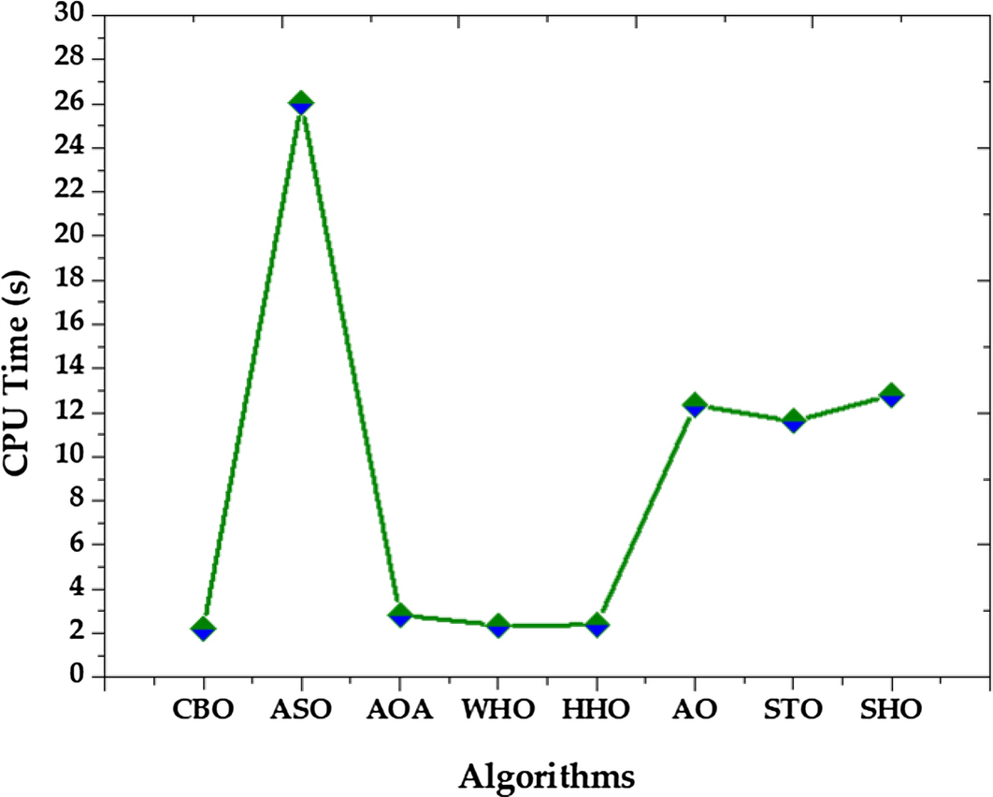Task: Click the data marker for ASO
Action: tap(301, 103)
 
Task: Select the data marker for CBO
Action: tap(203, 628)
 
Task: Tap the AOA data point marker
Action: tap(400, 615)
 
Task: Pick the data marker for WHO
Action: tap(498, 625)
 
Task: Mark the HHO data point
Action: tap(597, 624)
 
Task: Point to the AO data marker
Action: tap(694, 405)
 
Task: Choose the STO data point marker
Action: tap(793, 420)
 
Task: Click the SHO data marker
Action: tap(891, 395)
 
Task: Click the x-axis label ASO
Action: tap(301, 709)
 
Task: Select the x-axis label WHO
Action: tap(498, 709)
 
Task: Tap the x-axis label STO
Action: tap(793, 709)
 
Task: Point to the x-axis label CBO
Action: tap(203, 709)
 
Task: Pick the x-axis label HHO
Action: tap(597, 709)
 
